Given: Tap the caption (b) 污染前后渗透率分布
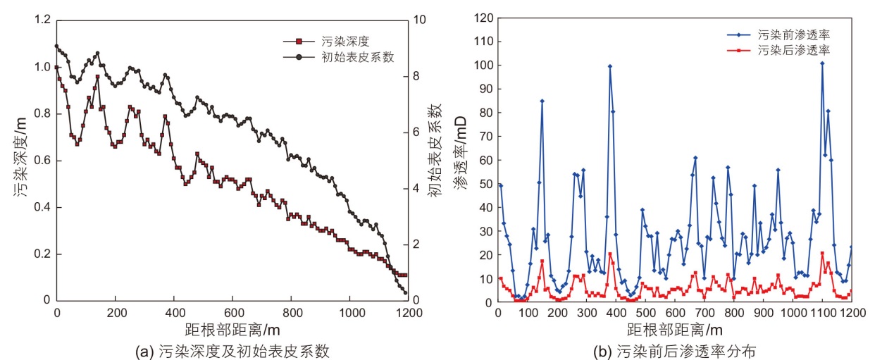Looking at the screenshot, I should click(675, 349).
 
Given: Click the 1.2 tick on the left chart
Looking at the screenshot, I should click(42, 20).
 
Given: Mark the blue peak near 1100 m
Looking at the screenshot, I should click(822, 63).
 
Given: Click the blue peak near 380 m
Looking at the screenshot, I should click(610, 66).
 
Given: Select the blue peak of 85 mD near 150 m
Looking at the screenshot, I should click(542, 101).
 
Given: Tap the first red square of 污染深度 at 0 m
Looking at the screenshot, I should click(57, 67).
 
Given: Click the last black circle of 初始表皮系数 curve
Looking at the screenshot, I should click(405, 292).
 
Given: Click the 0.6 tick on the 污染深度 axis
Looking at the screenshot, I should click(42, 161).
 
